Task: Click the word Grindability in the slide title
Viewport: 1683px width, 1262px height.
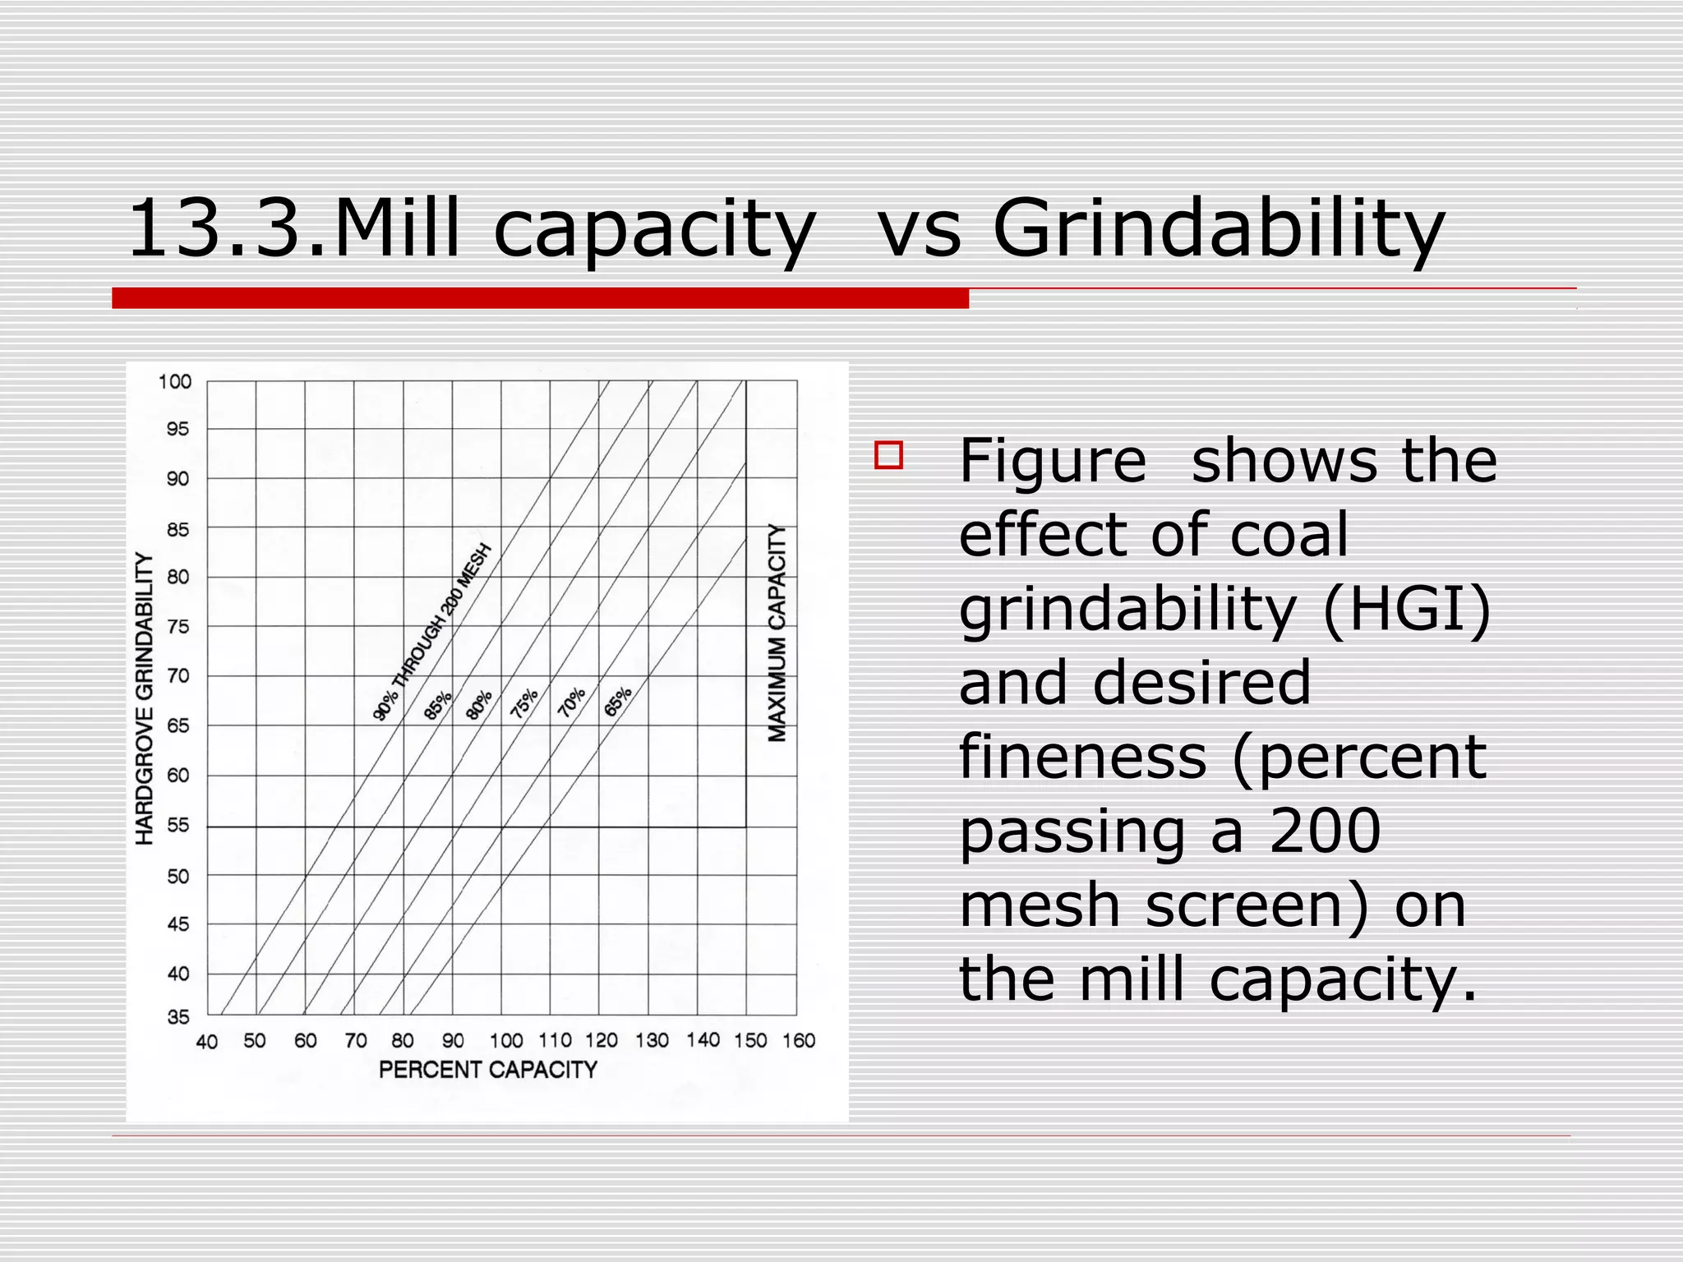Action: coord(1218,230)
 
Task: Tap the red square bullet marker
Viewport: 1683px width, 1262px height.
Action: coord(888,455)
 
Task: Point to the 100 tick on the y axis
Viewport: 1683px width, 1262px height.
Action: coord(174,381)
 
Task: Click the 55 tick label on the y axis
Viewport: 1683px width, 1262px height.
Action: coord(178,826)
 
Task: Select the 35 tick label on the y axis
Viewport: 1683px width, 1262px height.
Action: coord(178,1017)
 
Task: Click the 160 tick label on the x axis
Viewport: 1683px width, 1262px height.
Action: coord(798,1041)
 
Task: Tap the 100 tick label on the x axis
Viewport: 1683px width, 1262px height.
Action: coord(505,1041)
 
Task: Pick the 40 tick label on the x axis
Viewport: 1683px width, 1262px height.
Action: coord(206,1042)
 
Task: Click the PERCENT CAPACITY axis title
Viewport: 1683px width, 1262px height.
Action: coord(487,1070)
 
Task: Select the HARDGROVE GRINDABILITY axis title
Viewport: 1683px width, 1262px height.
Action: coord(145,698)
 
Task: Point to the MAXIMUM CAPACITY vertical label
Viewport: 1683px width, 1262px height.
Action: coord(777,633)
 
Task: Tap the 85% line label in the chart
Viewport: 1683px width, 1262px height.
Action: coord(437,705)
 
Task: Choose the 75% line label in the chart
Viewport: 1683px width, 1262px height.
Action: coord(523,703)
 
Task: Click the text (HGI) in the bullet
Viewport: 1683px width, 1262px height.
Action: coord(1406,609)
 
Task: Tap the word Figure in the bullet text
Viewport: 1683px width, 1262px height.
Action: coord(1052,461)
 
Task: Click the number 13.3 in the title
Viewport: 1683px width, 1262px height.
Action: coord(220,230)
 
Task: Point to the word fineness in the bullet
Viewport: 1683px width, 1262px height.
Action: coord(1082,757)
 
